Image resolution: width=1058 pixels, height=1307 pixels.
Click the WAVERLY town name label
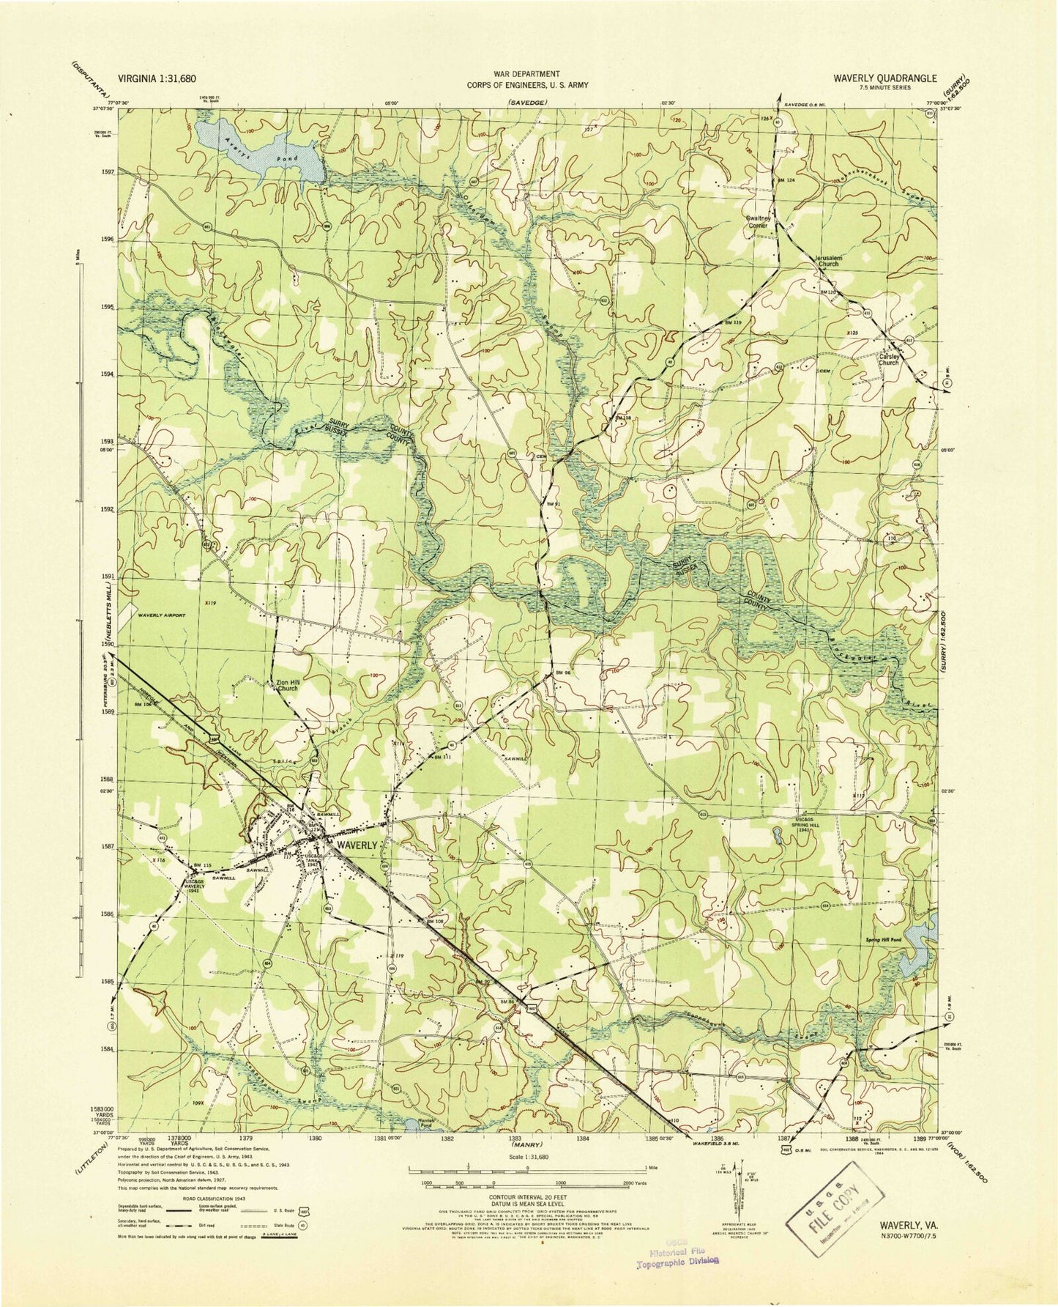coord(357,844)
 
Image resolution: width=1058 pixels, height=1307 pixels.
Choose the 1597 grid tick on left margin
coord(107,173)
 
